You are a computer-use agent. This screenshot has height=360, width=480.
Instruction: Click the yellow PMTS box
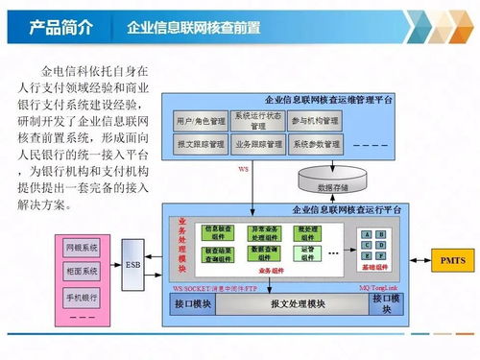(x=451, y=260)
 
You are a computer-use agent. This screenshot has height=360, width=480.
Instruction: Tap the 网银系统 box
(x=83, y=248)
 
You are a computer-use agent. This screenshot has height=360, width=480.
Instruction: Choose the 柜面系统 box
(x=83, y=273)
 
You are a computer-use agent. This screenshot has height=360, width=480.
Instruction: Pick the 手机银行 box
(x=83, y=298)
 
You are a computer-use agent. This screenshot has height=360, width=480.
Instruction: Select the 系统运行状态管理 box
(x=258, y=122)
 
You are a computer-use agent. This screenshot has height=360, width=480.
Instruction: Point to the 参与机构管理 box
(x=316, y=122)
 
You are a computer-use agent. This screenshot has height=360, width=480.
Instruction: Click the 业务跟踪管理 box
(x=258, y=145)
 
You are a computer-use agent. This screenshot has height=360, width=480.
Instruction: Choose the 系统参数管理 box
(x=316, y=145)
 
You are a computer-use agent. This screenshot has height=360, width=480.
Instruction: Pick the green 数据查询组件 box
(x=265, y=252)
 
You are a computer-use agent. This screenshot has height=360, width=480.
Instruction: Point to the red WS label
(x=244, y=171)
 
